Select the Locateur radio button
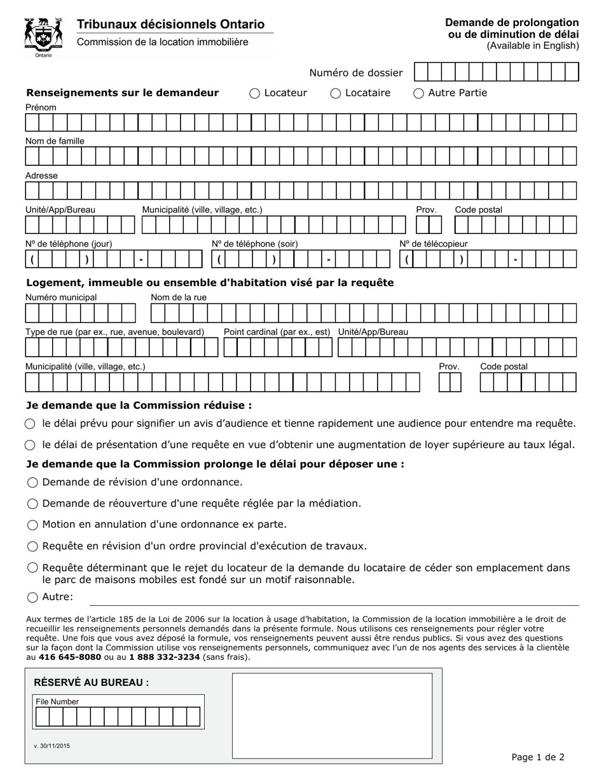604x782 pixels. pos(255,93)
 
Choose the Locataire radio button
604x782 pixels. pos(336,93)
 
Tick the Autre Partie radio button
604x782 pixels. pos(419,93)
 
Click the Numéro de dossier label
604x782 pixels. pos(356,72)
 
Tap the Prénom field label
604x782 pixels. pos(41,107)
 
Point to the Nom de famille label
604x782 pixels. pos(55,141)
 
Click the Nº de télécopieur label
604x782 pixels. pos(433,244)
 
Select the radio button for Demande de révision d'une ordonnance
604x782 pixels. pos(32,483)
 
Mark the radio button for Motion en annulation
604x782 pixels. pos(32,525)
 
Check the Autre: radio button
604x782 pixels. pos(32,597)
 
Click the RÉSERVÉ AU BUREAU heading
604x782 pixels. pos(92,683)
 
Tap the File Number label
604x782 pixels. pos(57,702)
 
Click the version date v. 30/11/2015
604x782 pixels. pos(52,745)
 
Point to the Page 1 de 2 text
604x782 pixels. pos(538,757)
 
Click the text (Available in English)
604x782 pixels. pos(533,46)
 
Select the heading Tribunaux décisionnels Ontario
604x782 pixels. pos(170,24)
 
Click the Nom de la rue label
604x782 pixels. pos(179,298)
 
